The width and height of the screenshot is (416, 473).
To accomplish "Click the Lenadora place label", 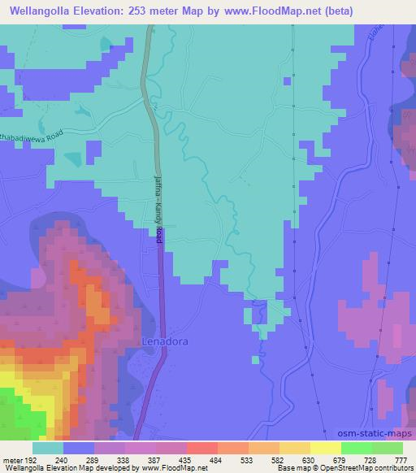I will (x=165, y=341).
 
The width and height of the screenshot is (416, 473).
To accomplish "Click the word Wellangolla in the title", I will (x=40, y=11).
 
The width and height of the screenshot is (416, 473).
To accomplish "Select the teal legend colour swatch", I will (x=48, y=448).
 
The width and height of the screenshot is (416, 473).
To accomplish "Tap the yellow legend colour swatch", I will (x=325, y=448).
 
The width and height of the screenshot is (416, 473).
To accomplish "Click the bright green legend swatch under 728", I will (x=356, y=448).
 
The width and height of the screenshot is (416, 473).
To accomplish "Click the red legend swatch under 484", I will (x=201, y=448).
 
